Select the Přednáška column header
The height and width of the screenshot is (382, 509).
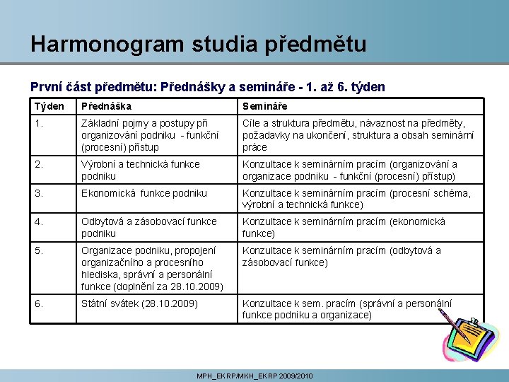pyautogui.click(x=106, y=106)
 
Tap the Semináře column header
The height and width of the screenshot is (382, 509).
pyautogui.click(x=264, y=106)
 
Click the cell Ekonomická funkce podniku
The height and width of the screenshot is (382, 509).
pyautogui.click(x=144, y=193)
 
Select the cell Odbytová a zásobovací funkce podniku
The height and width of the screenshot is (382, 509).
pyautogui.click(x=148, y=227)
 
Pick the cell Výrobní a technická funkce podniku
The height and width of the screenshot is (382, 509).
pyautogui.click(x=140, y=170)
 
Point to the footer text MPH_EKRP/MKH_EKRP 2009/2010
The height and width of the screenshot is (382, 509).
pyautogui.click(x=255, y=376)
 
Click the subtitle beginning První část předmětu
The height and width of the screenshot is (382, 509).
pyautogui.click(x=208, y=87)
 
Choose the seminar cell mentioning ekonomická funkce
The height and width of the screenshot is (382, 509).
pyautogui.click(x=344, y=227)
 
